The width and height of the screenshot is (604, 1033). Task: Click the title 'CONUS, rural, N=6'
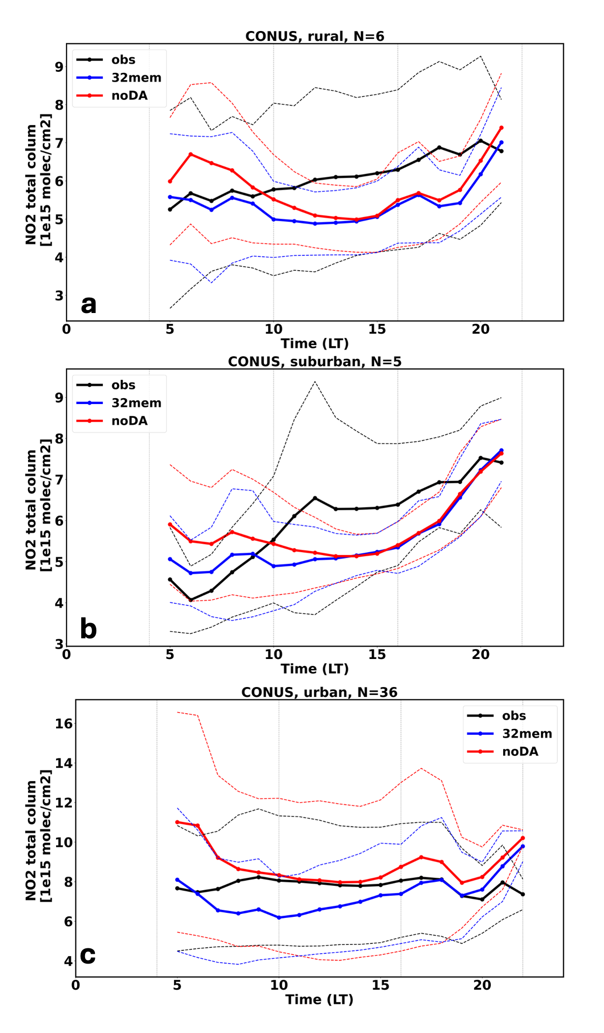(x=315, y=36)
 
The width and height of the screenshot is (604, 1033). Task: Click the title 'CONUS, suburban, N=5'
(x=315, y=362)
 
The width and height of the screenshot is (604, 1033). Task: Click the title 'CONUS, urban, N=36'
(x=319, y=692)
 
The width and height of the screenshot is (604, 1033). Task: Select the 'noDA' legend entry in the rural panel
(x=129, y=95)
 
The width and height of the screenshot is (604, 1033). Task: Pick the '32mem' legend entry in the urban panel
(x=527, y=734)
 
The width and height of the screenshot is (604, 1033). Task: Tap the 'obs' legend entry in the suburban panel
(x=123, y=385)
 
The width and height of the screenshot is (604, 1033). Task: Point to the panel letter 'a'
(x=89, y=304)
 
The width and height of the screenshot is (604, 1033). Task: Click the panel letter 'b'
(x=89, y=629)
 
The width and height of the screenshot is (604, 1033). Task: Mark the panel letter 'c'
(x=88, y=955)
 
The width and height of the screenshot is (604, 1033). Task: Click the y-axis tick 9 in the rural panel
(x=59, y=66)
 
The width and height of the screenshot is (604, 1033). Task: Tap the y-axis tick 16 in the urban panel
(x=64, y=723)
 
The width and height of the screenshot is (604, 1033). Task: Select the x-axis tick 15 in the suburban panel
(x=377, y=655)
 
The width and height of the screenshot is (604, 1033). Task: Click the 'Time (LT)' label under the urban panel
(x=319, y=1000)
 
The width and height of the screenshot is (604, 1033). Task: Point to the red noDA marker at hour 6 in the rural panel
(x=191, y=155)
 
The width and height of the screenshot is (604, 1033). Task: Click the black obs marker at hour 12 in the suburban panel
(x=315, y=498)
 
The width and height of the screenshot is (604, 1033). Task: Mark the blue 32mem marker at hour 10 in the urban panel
(x=279, y=917)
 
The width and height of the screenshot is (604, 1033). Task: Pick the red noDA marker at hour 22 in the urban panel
(x=523, y=838)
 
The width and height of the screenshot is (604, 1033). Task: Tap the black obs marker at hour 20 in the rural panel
(x=481, y=141)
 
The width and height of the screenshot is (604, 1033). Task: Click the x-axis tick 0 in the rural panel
(x=66, y=330)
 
